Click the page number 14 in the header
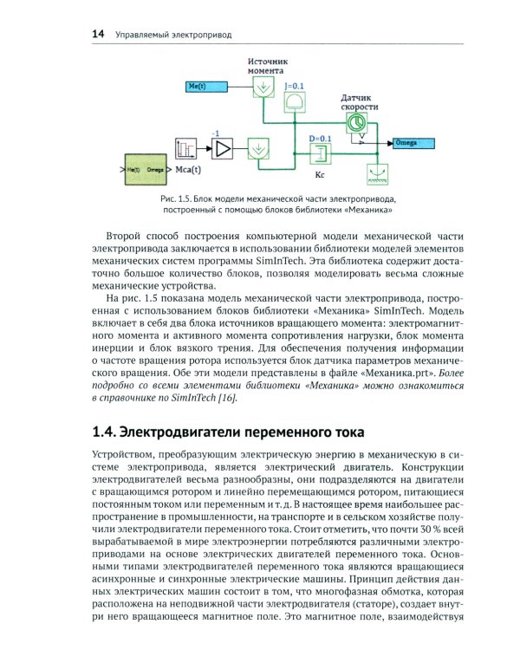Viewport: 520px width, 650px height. pos(98,35)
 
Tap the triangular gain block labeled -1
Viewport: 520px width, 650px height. pos(223,149)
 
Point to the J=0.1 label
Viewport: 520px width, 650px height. pos(295,87)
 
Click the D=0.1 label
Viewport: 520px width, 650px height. pos(320,139)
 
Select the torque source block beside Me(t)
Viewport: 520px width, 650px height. pos(260,87)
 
